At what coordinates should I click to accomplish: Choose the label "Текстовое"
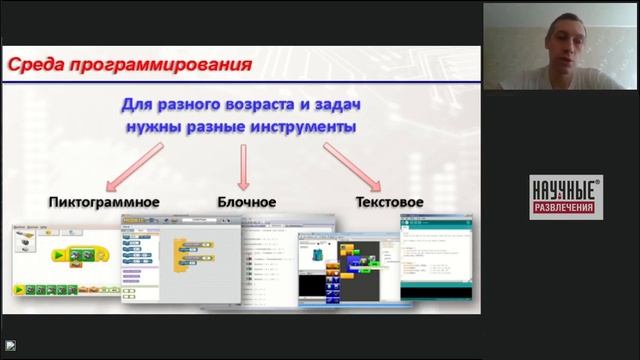tap(389, 201)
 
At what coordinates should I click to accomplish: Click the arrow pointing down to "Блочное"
tap(244, 166)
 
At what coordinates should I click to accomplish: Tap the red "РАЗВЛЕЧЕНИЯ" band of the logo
tap(565, 209)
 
